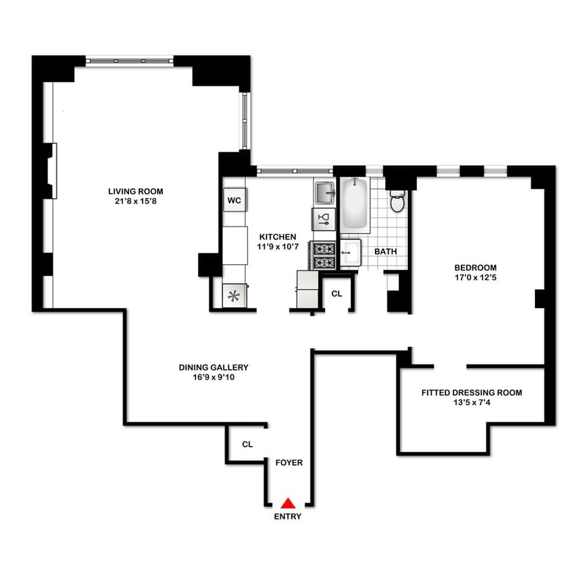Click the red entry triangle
click(288, 503)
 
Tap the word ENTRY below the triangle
click(288, 516)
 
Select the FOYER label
click(289, 463)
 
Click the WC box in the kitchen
click(235, 200)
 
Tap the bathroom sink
click(351, 252)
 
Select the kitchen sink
click(324, 193)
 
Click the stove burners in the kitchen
click(324, 255)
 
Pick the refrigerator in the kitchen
click(307, 289)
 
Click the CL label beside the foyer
click(247, 444)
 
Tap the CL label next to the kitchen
click(337, 294)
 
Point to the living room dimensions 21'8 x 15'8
click(136, 202)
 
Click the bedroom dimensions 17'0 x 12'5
click(475, 278)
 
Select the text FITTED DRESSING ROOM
click(472, 392)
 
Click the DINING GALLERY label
click(214, 367)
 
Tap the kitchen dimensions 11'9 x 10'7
click(277, 246)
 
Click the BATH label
click(386, 252)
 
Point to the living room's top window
click(130, 61)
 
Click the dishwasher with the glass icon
click(324, 219)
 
